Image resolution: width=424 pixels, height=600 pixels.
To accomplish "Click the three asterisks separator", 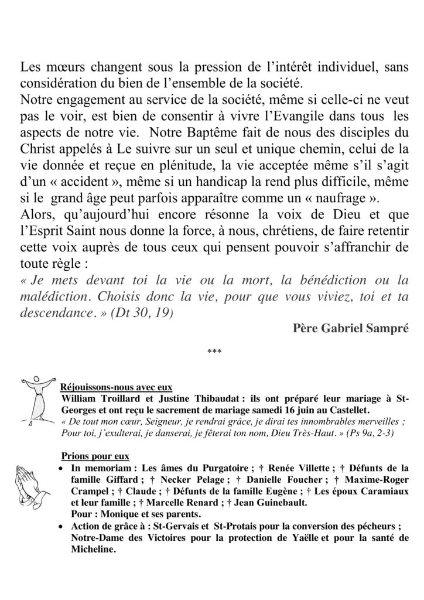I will tap(212, 352).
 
